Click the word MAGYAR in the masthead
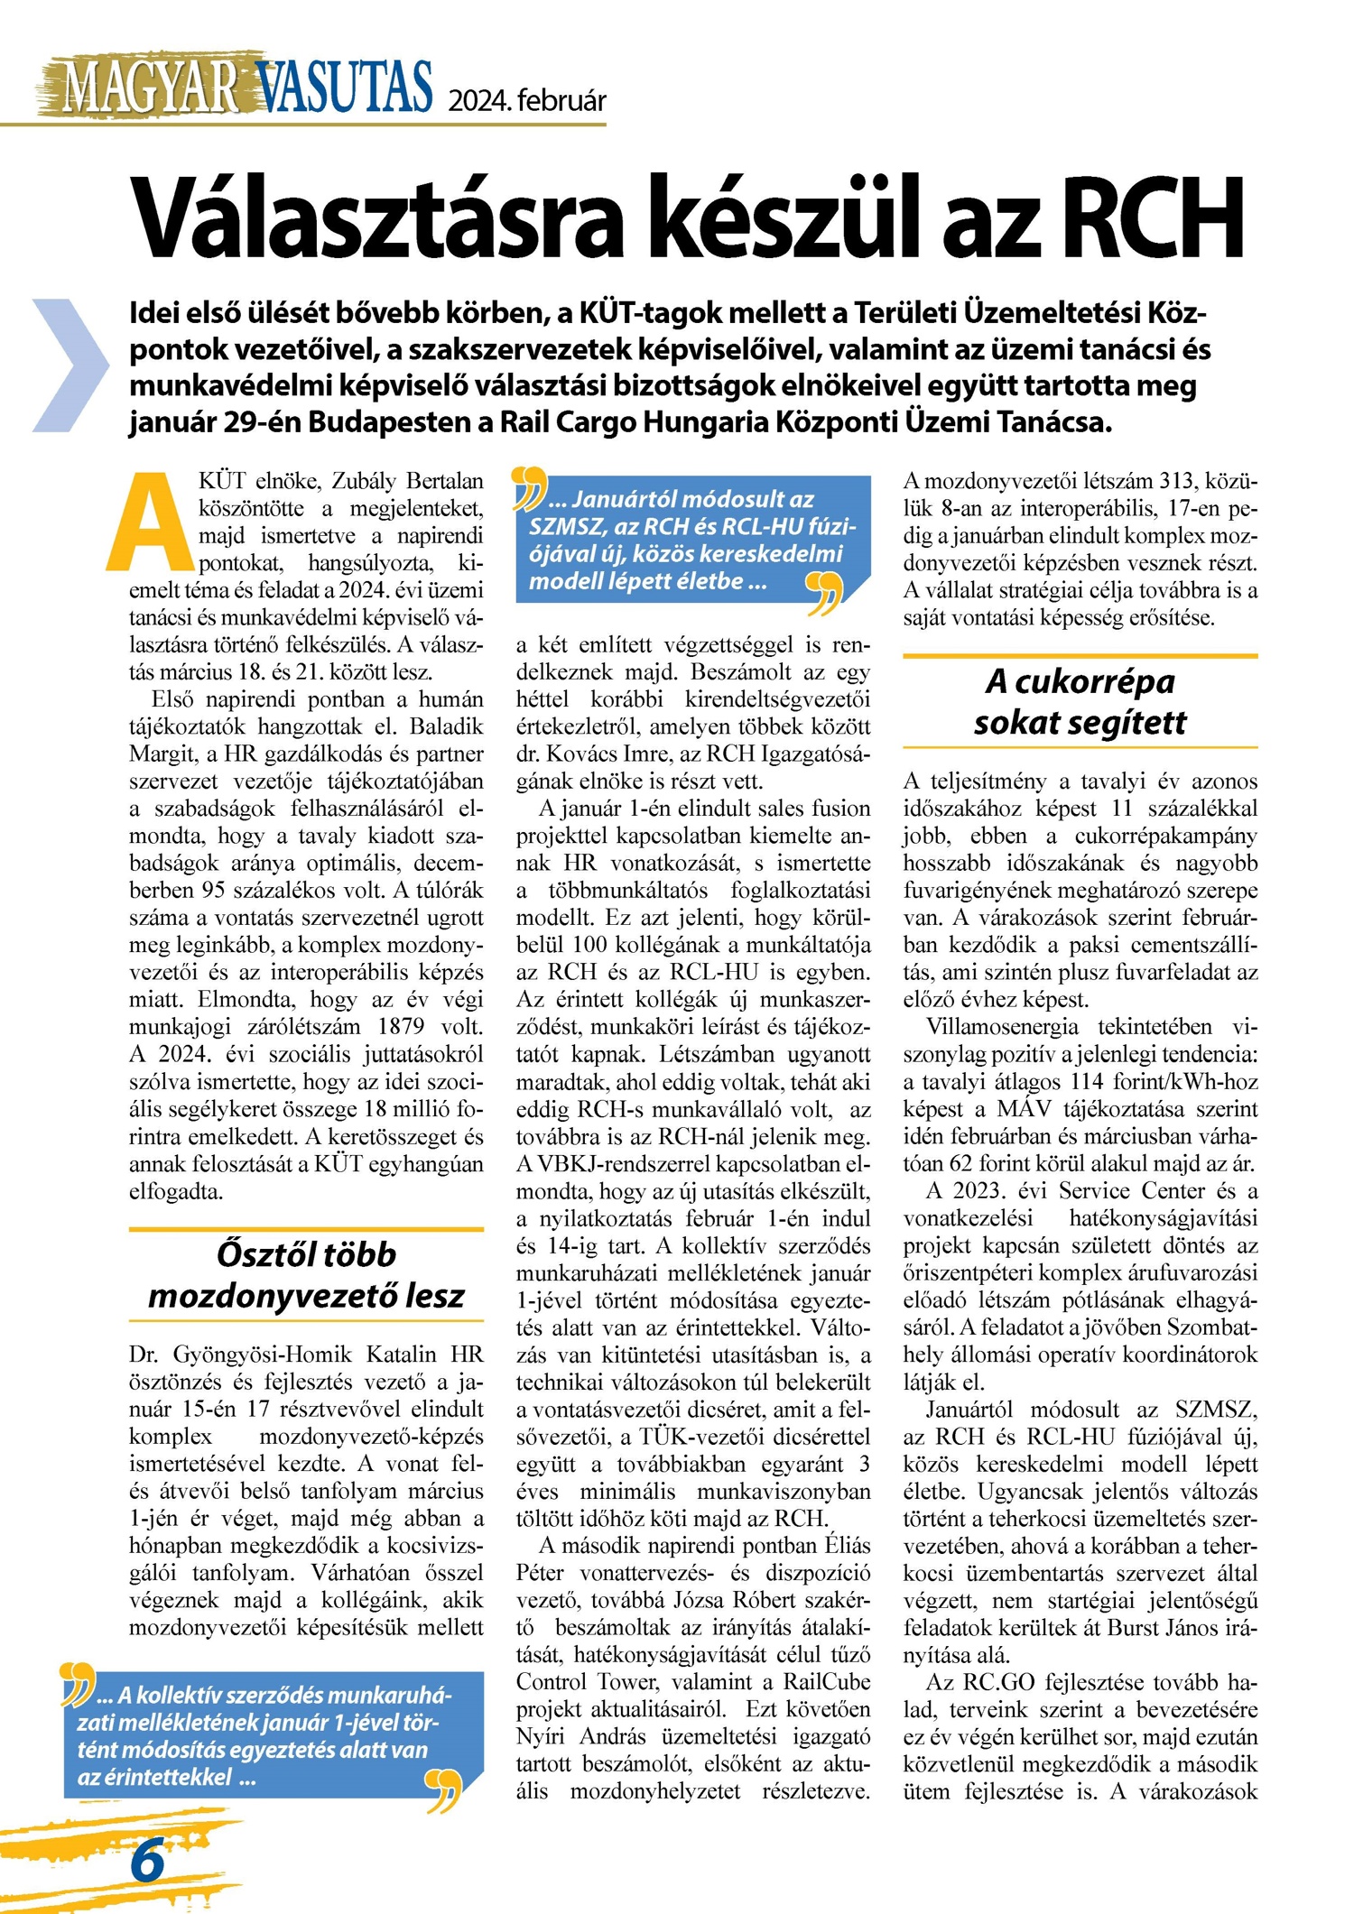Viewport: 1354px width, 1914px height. pos(149,88)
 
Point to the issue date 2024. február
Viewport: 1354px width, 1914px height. pos(527,100)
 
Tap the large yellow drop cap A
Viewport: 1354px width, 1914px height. pos(153,521)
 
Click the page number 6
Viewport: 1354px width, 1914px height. pos(147,1860)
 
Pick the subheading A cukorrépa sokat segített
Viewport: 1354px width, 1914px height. pos(1080,702)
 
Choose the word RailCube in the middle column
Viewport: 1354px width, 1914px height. pos(827,1682)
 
